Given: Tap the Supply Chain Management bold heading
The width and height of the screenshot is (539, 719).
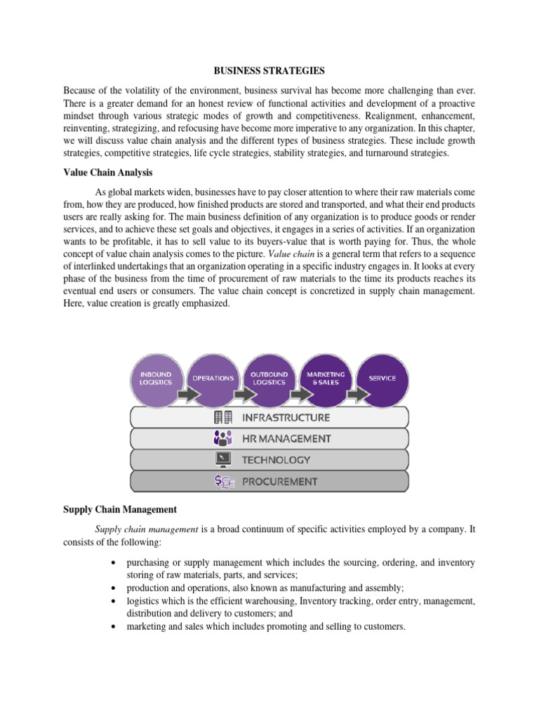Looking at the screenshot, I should pos(120,508).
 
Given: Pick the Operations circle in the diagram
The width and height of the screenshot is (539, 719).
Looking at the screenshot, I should pos(213,379).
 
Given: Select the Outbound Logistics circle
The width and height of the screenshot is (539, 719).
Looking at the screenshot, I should pos(269,379).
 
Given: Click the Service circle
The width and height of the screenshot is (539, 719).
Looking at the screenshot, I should pos(382,379).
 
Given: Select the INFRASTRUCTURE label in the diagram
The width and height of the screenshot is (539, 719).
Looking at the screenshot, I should pos(286,418).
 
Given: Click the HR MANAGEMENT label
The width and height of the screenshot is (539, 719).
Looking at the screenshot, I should pos(286,439).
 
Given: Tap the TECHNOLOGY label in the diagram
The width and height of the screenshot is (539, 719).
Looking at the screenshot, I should pos(276,460).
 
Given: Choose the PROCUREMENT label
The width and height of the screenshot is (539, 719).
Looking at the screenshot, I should pos(279,482).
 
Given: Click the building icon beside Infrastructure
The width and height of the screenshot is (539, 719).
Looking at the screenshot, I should pos(223,418).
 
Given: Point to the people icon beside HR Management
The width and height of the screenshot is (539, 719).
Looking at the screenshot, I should pos(223,439).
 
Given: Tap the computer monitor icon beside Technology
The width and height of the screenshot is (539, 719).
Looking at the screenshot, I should pos(223,460).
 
